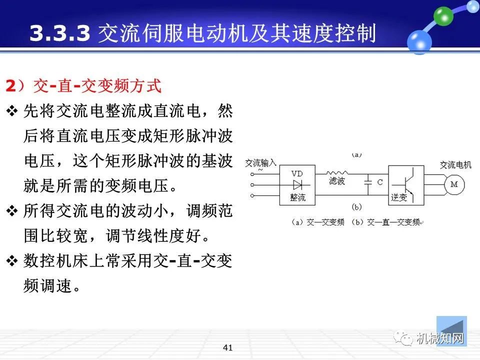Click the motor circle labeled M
pyautogui.click(x=454, y=184)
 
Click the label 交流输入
pyautogui.click(x=261, y=163)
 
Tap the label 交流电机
pyautogui.click(x=455, y=165)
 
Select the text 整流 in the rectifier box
pyautogui.click(x=298, y=198)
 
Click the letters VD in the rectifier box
pyautogui.click(x=297, y=173)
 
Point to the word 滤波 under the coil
pyautogui.click(x=336, y=181)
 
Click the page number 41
pyautogui.click(x=228, y=347)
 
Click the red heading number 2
pyautogui.click(x=10, y=86)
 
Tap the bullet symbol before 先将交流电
pyautogui.click(x=12, y=111)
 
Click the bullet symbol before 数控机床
pyautogui.click(x=12, y=261)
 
